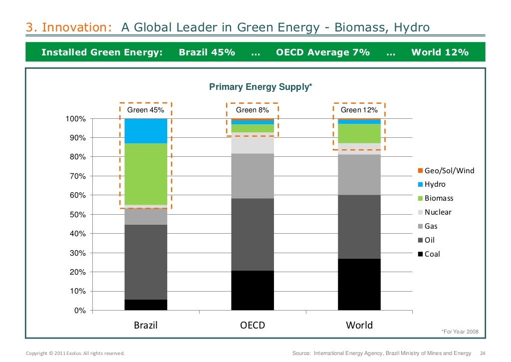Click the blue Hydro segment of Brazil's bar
[x=146, y=131]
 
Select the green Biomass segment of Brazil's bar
[x=146, y=174]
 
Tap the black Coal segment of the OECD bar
[x=253, y=290]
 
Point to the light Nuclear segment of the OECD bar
[x=253, y=143]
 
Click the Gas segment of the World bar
[x=359, y=174]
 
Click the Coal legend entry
[x=432, y=254]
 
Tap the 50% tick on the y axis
[x=77, y=215]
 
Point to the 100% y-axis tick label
[x=75, y=119]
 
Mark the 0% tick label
[x=79, y=311]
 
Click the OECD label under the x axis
[x=253, y=326]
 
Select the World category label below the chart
[x=359, y=326]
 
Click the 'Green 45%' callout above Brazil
[x=146, y=110]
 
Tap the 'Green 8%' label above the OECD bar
[x=253, y=110]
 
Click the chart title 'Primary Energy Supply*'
[x=260, y=87]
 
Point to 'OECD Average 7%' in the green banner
[x=323, y=52]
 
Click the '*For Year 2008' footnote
[x=460, y=332]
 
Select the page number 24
[x=482, y=354]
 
